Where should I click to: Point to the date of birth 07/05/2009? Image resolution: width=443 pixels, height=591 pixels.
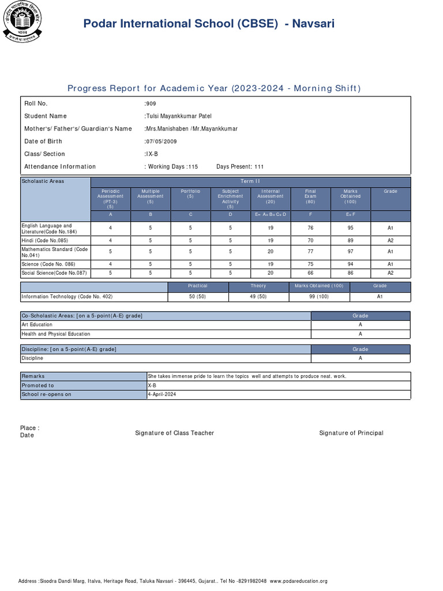tap(160, 141)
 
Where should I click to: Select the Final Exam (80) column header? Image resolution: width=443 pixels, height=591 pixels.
tap(310, 196)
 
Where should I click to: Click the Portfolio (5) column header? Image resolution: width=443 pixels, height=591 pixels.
tap(190, 194)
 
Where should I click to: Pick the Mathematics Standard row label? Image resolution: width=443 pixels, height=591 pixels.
tap(55, 252)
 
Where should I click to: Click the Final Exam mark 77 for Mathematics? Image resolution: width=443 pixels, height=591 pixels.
tap(310, 252)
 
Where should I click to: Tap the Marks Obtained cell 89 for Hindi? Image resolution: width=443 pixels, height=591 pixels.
tap(350, 240)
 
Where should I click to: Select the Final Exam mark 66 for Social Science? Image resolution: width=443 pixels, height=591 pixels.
tap(310, 272)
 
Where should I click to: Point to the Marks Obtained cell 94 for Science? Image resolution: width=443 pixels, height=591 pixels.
tap(350, 264)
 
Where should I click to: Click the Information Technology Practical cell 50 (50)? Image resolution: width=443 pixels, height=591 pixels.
tap(197, 297)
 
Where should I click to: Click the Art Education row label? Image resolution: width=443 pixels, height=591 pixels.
tap(37, 324)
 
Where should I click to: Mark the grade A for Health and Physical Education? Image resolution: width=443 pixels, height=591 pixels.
tap(360, 334)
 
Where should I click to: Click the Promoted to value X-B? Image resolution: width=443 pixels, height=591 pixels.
tap(152, 386)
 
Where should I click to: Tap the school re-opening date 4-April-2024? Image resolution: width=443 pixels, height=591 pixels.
tap(162, 394)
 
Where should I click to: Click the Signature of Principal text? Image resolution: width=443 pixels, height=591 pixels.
tap(351, 433)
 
